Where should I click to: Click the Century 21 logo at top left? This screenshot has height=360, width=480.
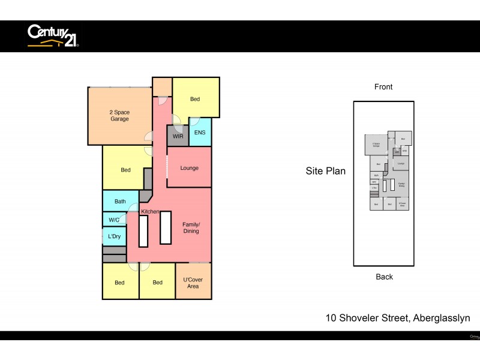pyautogui.click(x=53, y=35)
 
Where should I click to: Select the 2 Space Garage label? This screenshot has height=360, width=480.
pyautogui.click(x=119, y=116)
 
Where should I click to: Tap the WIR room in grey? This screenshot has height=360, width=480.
pyautogui.click(x=178, y=136)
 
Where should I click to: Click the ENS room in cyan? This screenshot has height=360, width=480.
pyautogui.click(x=200, y=133)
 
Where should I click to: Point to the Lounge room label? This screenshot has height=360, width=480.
pyautogui.click(x=189, y=168)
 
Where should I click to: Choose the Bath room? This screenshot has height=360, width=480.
pyautogui.click(x=120, y=201)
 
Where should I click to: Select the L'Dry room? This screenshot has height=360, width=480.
pyautogui.click(x=114, y=236)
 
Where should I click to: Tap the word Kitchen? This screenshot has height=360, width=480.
pyautogui.click(x=150, y=212)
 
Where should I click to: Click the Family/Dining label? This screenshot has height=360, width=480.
pyautogui.click(x=191, y=227)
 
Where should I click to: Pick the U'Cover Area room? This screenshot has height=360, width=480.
pyautogui.click(x=193, y=282)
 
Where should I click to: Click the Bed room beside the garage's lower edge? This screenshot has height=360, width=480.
pyautogui.click(x=125, y=170)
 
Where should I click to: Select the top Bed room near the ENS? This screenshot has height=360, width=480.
pyautogui.click(x=195, y=99)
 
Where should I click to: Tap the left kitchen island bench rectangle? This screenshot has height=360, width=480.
pyautogui.click(x=143, y=231)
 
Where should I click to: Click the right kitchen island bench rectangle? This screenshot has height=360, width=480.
pyautogui.click(x=166, y=227)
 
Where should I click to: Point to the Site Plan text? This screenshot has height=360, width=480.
pyautogui.click(x=325, y=171)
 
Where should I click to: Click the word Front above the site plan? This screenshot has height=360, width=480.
pyautogui.click(x=383, y=87)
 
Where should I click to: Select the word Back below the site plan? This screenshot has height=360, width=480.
pyautogui.click(x=384, y=277)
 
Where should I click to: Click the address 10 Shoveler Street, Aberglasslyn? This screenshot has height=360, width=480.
pyautogui.click(x=398, y=318)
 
